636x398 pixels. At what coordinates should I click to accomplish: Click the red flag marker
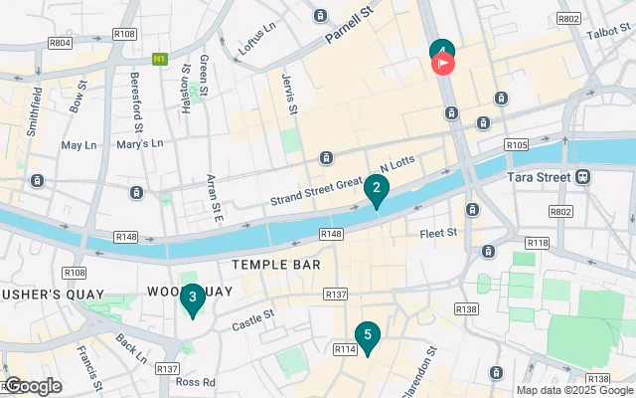[x=442, y=63]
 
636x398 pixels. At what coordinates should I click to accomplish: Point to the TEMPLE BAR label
[x=275, y=266]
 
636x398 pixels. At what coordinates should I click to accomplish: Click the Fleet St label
[x=437, y=233]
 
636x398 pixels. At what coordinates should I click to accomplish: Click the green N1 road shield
[x=159, y=60]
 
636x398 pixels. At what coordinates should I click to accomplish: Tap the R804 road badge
[x=59, y=43]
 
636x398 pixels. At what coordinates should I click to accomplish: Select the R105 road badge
[x=516, y=145]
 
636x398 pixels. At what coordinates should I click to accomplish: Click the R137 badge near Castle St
[x=336, y=296]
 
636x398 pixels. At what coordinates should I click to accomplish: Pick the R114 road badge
[x=346, y=349]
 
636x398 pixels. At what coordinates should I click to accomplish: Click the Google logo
[x=32, y=386]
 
